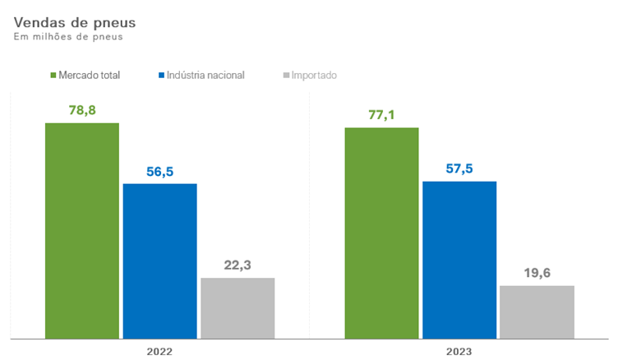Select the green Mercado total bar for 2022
82,230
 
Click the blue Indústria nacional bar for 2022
159,261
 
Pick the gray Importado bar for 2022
238,307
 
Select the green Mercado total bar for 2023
381,233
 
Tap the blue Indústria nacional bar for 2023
459,259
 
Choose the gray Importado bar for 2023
537,312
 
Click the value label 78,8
82,109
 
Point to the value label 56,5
159,171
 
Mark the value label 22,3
238,265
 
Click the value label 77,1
381,115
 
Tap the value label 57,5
459,168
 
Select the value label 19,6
537,273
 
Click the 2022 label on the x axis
159,351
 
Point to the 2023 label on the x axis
459,351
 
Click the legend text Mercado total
90,75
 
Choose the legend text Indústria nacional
205,75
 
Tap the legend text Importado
314,75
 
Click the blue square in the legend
160,75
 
